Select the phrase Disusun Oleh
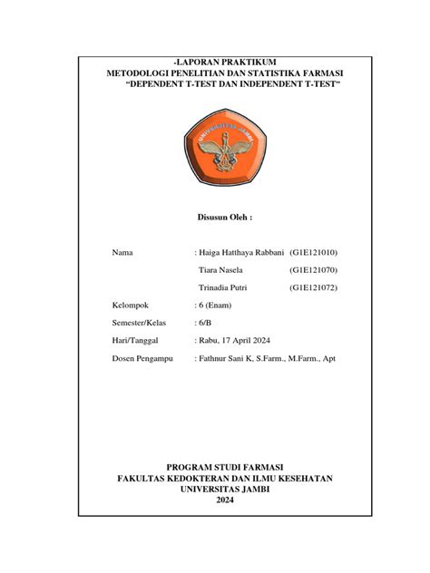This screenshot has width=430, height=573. [224, 219]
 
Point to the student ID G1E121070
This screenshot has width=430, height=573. [314, 270]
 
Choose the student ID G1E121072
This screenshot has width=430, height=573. [314, 288]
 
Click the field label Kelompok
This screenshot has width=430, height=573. [132, 306]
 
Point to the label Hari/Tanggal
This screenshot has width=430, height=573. [135, 341]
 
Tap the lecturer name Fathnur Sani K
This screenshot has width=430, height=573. [228, 359]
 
